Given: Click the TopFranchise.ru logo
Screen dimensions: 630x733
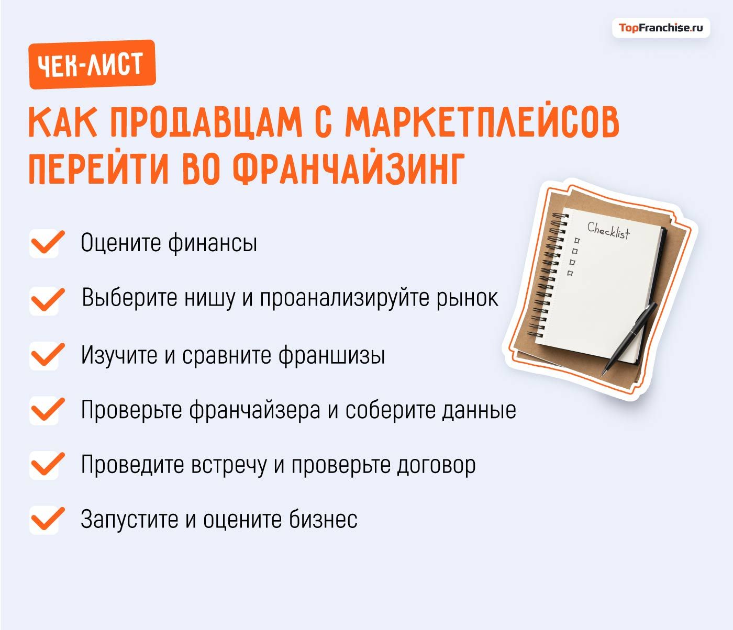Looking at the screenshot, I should pos(661,28).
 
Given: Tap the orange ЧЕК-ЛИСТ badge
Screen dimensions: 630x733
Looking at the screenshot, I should pos(92,64).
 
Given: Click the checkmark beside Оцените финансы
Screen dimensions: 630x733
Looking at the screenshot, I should pos(46,243).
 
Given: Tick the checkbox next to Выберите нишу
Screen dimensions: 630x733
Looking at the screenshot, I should pos(46,300).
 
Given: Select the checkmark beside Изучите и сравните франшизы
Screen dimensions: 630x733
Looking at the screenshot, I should pos(46,356).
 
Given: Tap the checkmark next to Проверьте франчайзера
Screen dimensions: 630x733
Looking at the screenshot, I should pos(46,410).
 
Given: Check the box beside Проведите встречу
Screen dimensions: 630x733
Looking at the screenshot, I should pos(46,465).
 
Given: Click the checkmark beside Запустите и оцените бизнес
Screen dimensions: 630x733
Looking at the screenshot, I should pos(46,520).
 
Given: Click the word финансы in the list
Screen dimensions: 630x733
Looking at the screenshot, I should pos(213,243).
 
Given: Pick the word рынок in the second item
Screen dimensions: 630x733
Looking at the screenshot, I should pos(467,298).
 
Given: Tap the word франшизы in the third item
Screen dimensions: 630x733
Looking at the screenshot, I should pos(331,356).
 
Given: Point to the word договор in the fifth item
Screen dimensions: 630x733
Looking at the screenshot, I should pos(436,465).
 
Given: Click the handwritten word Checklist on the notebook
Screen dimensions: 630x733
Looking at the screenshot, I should pos(608,230).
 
